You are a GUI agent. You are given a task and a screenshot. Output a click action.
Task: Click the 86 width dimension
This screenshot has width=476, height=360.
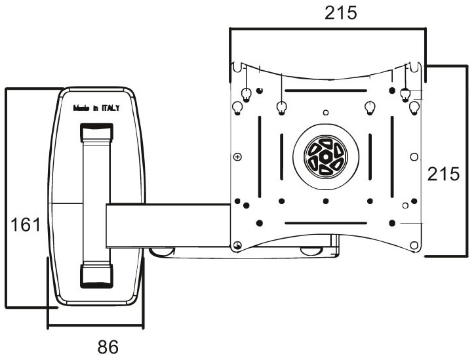[108, 346]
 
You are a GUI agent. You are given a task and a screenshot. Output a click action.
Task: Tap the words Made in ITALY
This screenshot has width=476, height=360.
[96, 110]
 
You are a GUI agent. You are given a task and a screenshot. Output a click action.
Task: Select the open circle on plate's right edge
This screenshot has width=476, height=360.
[413, 156]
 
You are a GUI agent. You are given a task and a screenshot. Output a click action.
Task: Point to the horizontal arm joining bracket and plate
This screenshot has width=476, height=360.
[167, 225]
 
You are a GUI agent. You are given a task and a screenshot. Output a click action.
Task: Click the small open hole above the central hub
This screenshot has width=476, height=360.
[325, 112]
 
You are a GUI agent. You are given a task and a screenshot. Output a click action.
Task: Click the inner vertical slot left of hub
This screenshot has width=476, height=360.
[281, 159]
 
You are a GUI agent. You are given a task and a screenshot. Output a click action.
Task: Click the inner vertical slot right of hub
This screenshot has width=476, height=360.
[370, 159]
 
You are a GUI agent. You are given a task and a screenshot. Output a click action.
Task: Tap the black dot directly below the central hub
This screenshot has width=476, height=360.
[325, 201]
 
